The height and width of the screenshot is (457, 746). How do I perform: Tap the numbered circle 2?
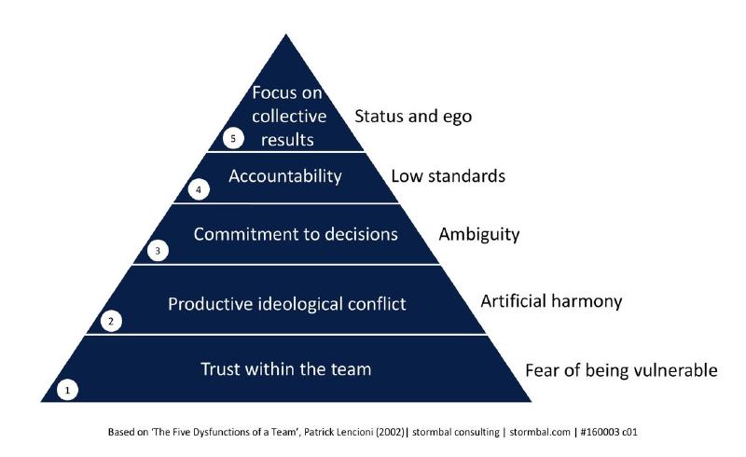pos(111,322)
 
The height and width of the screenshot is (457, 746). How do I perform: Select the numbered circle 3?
pos(159,252)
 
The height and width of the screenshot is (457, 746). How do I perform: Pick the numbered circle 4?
pos(197,189)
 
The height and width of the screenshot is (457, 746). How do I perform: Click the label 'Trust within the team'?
pos(286,369)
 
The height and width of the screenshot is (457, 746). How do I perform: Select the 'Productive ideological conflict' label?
pos(286,303)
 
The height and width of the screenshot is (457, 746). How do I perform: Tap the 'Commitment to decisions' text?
pos(295,234)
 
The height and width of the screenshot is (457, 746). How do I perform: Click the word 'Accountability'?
pos(285,175)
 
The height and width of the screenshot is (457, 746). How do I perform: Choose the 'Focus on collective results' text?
pos(289,117)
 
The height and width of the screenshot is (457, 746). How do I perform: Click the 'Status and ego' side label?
pos(413,117)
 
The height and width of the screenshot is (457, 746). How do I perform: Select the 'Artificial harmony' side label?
pos(550,302)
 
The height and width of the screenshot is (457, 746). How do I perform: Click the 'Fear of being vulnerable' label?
pos(621,370)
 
